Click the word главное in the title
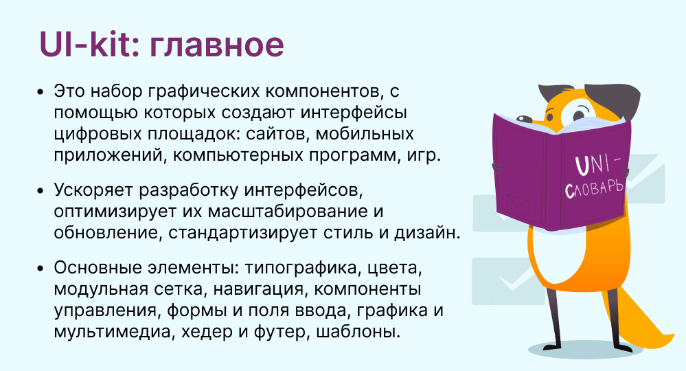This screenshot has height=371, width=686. click(x=217, y=46)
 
